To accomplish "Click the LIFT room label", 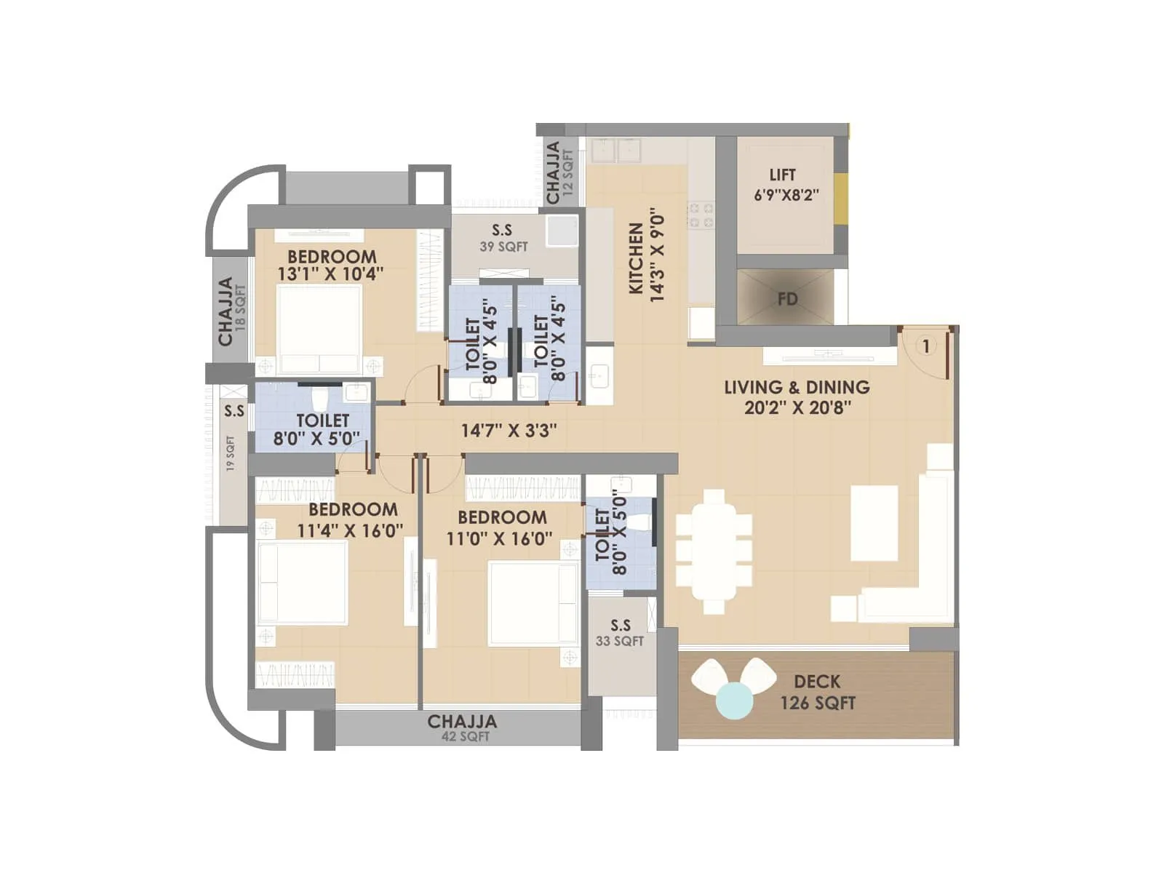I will [x=783, y=175].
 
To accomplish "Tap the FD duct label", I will [x=787, y=299].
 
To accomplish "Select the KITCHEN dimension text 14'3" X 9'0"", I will [x=657, y=255].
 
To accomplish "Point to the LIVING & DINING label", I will [x=797, y=387].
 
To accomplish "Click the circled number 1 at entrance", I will [x=925, y=346].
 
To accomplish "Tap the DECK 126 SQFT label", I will [x=817, y=692].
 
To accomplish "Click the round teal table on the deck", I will [x=734, y=701].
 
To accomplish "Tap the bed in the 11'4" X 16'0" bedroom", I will [x=302, y=582].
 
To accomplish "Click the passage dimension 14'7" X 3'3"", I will [x=509, y=431].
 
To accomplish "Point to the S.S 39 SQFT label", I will [x=503, y=238].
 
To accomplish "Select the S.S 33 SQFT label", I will [x=620, y=633].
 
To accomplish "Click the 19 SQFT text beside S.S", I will [x=231, y=453].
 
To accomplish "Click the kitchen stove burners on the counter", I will [x=701, y=215].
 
